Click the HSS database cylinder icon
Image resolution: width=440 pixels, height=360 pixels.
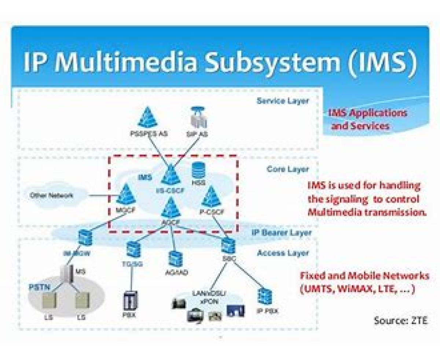pyautogui.click(x=198, y=170)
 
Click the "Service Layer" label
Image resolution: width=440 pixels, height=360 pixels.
pyautogui.click(x=283, y=101)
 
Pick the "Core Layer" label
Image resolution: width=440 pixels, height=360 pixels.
pyautogui.click(x=288, y=170)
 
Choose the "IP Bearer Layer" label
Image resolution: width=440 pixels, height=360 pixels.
pyautogui.click(x=282, y=232)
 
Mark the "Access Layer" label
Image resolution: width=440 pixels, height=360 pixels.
pyautogui.click(x=283, y=253)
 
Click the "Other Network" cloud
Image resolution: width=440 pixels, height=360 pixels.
pyautogui.click(x=52, y=195)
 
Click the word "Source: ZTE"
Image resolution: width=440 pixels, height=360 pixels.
pyautogui.click(x=400, y=320)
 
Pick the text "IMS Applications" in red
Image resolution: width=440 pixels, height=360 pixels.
pyautogui.click(x=367, y=113)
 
